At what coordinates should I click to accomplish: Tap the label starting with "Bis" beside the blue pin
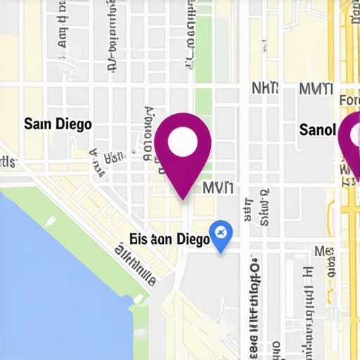[169, 239]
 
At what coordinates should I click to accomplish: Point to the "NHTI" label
[264, 89]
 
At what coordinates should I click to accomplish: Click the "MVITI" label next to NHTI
[315, 89]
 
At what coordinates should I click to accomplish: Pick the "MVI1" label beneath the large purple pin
[219, 188]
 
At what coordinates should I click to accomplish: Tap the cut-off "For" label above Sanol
[349, 101]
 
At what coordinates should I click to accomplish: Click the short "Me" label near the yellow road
[323, 252]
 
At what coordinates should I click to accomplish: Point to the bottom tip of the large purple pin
[184, 198]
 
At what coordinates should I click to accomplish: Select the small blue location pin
[221, 236]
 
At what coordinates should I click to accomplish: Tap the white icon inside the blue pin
[221, 232]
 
